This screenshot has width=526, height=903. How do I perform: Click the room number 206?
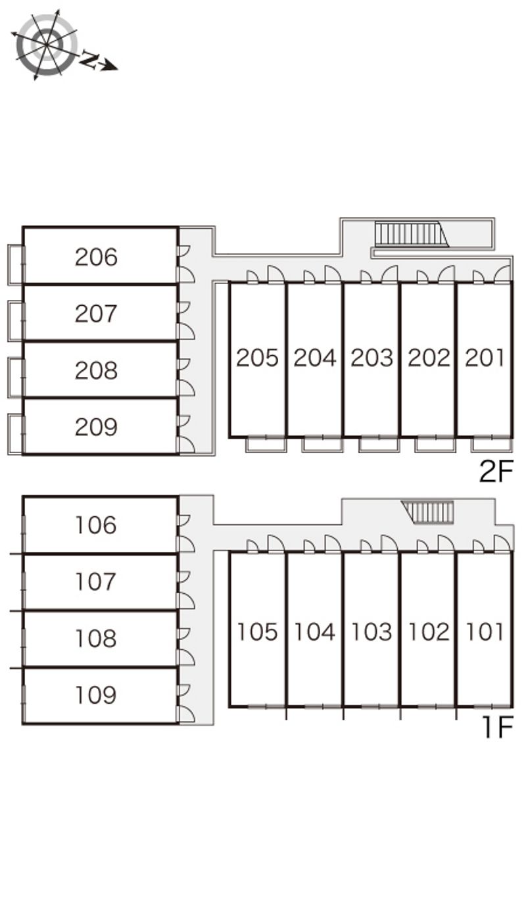tap(96, 257)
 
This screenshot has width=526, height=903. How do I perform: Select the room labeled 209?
tap(96, 427)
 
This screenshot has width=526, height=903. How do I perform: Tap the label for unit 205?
tap(257, 358)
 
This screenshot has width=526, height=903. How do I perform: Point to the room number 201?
tap(485, 358)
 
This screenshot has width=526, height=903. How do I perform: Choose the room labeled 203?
tap(371, 358)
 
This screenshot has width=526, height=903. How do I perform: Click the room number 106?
tap(96, 525)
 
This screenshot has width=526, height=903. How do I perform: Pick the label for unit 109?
tap(96, 694)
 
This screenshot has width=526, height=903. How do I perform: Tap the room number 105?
tap(257, 631)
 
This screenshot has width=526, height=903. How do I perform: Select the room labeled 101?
tap(485, 631)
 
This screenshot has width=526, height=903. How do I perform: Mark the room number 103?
tap(371, 631)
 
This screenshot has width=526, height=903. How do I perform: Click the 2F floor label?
tap(496, 472)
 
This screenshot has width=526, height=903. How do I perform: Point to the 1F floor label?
tap(498, 727)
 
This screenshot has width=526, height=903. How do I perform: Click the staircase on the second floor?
tap(412, 234)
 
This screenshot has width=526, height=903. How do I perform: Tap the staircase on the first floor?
tap(427, 512)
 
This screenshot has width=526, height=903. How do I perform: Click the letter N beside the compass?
tap(89, 60)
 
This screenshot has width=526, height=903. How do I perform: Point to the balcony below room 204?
tap(322, 444)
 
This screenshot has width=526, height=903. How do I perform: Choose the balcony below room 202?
tap(435, 444)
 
